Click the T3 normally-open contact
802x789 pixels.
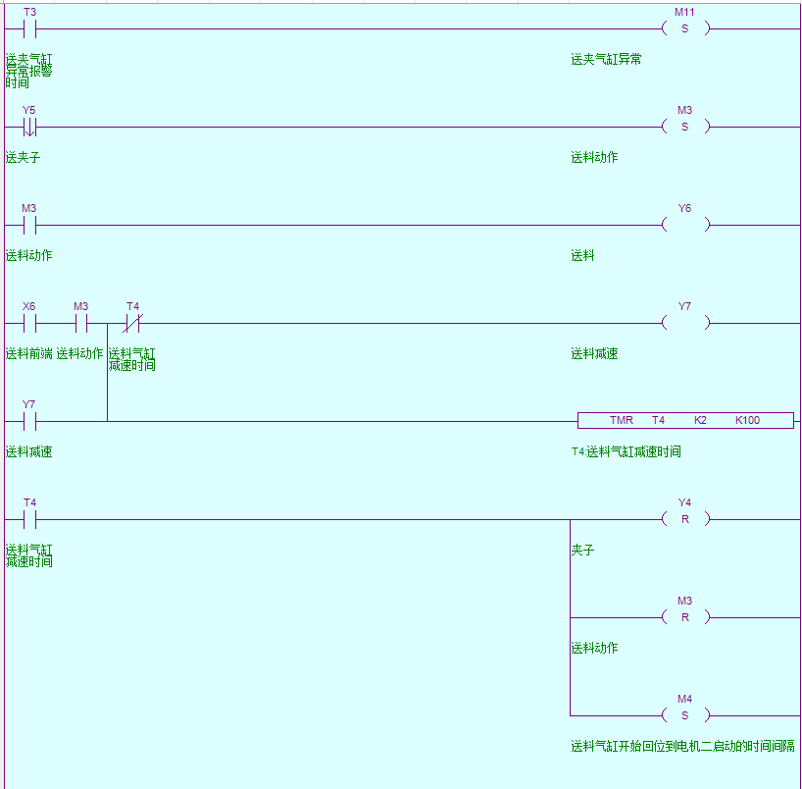tap(29, 28)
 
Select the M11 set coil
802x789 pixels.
tap(684, 28)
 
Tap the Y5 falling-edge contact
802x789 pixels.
tap(29, 127)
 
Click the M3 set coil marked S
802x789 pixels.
tap(684, 127)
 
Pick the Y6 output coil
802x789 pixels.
tap(684, 225)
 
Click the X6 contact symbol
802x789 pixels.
tap(29, 323)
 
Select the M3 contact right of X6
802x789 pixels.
tap(81, 323)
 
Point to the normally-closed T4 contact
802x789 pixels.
tap(132, 323)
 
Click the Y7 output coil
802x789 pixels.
tap(684, 323)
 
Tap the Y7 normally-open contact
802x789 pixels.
tap(29, 421)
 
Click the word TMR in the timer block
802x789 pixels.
tap(622, 420)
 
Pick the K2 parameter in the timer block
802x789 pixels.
tap(700, 420)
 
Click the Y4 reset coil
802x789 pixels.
tap(684, 519)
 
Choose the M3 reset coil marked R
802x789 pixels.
tap(684, 617)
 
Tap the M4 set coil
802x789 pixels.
tap(684, 715)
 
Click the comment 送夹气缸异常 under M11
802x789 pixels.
tap(606, 59)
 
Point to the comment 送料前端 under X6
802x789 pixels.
tap(28, 353)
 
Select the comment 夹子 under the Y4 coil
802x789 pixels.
tap(582, 550)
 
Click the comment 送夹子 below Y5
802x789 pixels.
tap(23, 157)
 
